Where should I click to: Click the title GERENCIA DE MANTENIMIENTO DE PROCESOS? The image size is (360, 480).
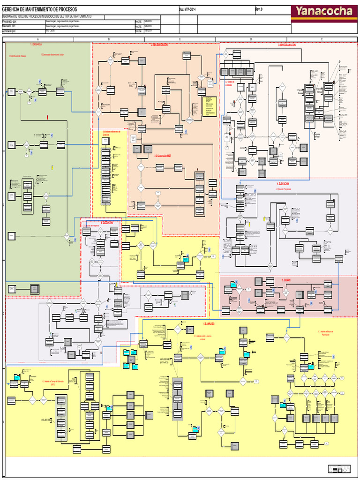tap(39, 10)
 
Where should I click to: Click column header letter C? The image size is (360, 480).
tap(180, 39)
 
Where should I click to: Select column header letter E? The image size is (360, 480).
tap(322, 39)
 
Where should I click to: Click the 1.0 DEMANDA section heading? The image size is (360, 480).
tap(36, 45)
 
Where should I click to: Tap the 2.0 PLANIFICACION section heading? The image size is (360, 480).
tap(159, 45)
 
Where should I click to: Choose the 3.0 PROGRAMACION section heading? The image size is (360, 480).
tap(286, 45)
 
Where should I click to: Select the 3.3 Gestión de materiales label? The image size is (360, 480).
tap(229, 83)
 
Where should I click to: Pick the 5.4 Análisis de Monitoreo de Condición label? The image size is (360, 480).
tap(112, 133)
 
